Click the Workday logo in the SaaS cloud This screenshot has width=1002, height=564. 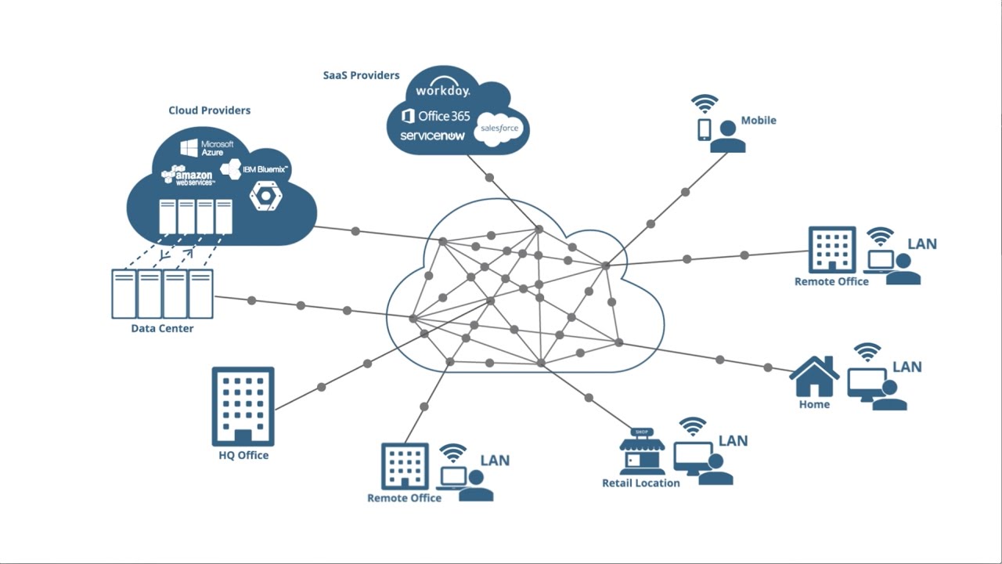[443, 88]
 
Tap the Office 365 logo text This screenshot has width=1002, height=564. [436, 117]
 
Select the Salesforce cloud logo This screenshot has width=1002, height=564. [499, 129]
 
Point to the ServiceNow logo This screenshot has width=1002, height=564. [433, 136]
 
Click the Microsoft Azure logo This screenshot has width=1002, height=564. [207, 148]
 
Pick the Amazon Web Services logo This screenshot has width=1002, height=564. [187, 175]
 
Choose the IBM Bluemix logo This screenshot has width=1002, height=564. [254, 169]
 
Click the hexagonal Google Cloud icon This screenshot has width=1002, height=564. [265, 196]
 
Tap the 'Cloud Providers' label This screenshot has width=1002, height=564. [209, 110]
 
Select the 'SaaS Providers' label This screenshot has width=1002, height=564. [361, 75]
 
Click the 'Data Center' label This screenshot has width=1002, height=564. [162, 328]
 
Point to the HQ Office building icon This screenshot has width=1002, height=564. [243, 407]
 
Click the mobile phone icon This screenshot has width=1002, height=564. [704, 130]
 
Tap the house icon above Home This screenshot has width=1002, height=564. [814, 377]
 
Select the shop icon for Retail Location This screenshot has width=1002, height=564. [642, 451]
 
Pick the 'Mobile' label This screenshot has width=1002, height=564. [759, 120]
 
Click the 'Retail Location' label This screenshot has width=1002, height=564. [640, 483]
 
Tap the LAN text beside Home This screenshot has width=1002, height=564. [907, 367]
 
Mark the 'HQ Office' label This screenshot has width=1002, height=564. [243, 455]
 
